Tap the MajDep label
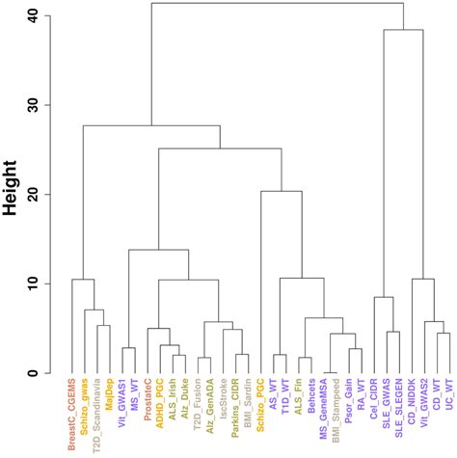tap(112, 400)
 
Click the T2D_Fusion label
tap(200, 407)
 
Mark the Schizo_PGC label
tap(262, 408)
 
